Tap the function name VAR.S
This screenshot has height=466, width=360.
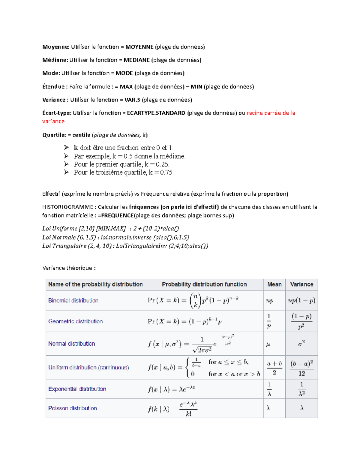(132, 100)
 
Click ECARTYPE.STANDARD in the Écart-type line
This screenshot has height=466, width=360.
(156, 113)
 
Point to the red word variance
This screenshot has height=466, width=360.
(53, 122)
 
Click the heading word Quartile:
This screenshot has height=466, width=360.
(54, 135)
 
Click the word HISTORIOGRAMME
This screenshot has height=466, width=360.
(68, 207)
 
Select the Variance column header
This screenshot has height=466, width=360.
(301, 284)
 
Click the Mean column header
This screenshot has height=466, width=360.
(274, 284)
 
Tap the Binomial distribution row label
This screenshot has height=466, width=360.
(73, 301)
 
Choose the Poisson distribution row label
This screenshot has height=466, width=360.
(73, 408)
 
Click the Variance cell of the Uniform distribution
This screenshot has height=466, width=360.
(301, 368)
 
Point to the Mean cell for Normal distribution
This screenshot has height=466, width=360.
(268, 344)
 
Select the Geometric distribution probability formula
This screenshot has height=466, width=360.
(184, 322)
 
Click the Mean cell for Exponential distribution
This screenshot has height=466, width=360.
(269, 389)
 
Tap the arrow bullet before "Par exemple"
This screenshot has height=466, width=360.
(66, 156)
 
